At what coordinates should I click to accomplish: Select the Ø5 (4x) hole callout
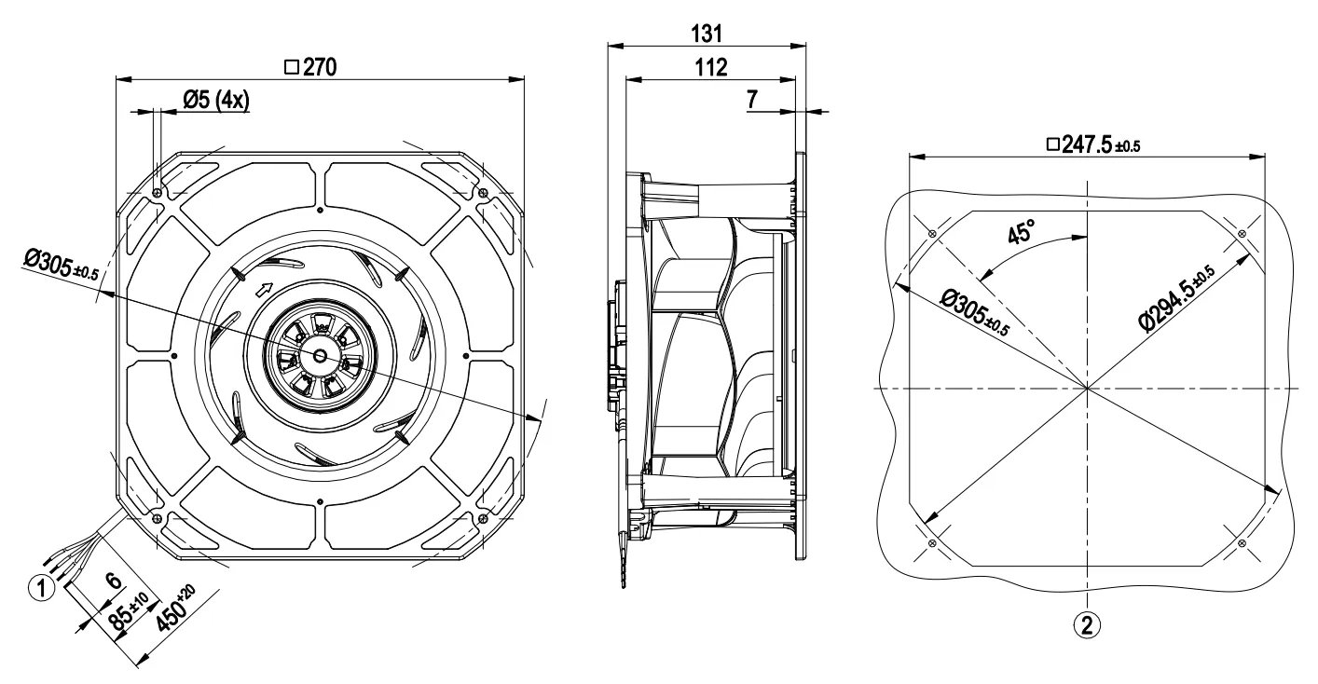click(215, 101)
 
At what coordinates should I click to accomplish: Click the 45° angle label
click(1023, 232)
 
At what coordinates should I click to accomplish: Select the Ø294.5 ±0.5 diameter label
click(1176, 297)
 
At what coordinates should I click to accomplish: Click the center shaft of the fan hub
click(319, 355)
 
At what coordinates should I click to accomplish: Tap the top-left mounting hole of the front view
click(157, 193)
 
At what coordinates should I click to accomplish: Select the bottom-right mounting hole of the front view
click(482, 517)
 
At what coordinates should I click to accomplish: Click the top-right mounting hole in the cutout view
click(1242, 233)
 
